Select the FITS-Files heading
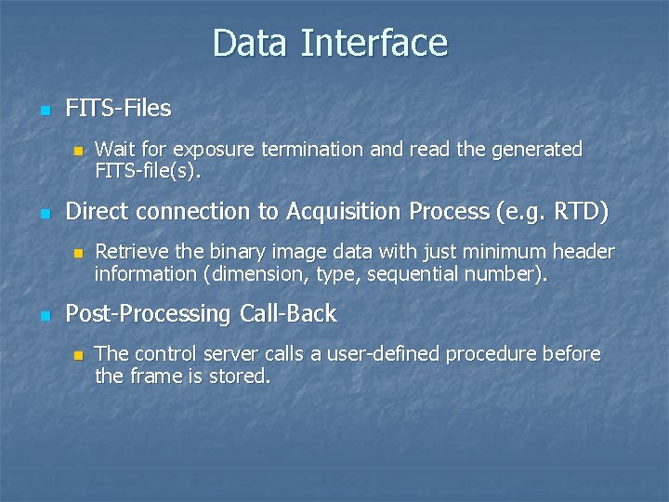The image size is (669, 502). tap(118, 109)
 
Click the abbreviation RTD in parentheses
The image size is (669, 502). tap(575, 212)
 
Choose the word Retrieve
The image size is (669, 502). tap(130, 252)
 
